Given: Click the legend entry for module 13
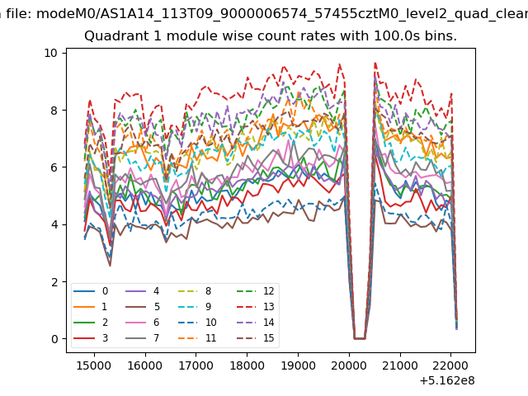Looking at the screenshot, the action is click(x=255, y=307).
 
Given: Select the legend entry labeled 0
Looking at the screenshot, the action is click(x=91, y=291).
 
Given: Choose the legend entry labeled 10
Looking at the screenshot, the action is click(x=197, y=323).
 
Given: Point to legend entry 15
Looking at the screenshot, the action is click(x=255, y=337).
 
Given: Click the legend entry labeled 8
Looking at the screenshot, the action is click(x=195, y=291).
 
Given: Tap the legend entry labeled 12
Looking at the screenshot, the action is click(x=255, y=291).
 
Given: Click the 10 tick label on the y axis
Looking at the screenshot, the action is click(x=51, y=53).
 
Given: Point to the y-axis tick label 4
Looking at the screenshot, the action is click(x=54, y=224).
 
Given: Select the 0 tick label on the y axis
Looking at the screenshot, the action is click(x=54, y=339).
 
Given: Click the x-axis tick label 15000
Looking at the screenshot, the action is click(x=94, y=365).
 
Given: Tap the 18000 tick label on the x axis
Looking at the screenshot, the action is click(x=247, y=365).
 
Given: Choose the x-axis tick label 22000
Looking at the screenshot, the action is click(x=450, y=365).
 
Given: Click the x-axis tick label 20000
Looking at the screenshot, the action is click(x=349, y=365).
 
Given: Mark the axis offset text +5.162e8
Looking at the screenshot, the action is click(x=447, y=381).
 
